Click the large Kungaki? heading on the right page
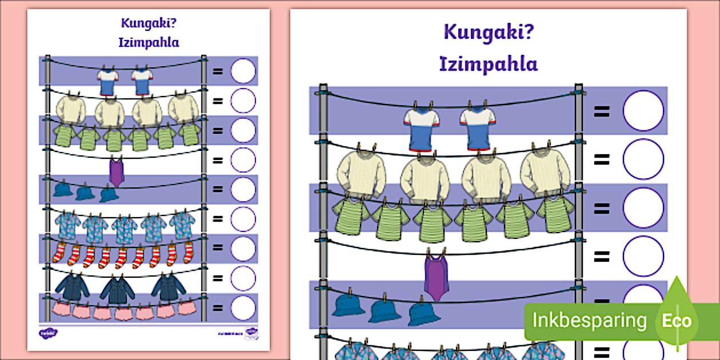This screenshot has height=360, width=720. [x=488, y=33]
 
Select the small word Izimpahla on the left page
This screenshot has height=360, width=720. [x=149, y=43]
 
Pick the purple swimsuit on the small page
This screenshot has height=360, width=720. [x=117, y=171]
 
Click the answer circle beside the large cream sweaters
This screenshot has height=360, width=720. [x=643, y=159]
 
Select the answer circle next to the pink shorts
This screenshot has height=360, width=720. [x=243, y=308]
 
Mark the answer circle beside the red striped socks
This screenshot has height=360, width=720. [x=243, y=249]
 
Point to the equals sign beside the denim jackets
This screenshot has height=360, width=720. [x=218, y=278]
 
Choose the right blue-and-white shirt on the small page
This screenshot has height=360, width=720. [x=142, y=81]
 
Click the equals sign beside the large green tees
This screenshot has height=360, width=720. [x=601, y=208]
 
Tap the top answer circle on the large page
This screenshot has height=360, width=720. [x=643, y=111]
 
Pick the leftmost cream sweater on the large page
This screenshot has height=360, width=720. [x=361, y=174]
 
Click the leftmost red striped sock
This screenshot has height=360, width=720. [x=59, y=253]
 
